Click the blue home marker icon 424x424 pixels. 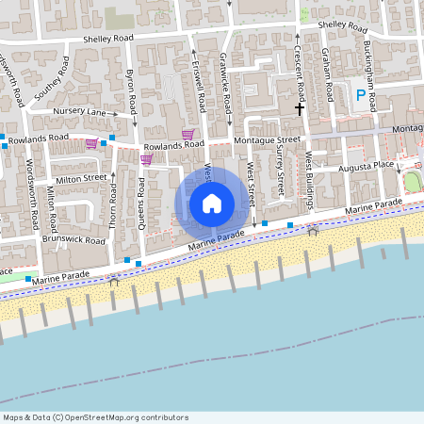pyautogui.click(x=212, y=203)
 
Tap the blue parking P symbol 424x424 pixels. pyautogui.click(x=360, y=95)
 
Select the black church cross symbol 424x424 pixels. pyautogui.click(x=300, y=109)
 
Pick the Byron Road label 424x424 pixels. pyautogui.click(x=132, y=87)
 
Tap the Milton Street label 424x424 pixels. pyautogui.click(x=82, y=178)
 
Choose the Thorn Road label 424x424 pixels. pyautogui.click(x=113, y=206)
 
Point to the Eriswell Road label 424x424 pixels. pyautogui.click(x=199, y=85)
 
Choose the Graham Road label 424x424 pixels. pyautogui.click(x=325, y=75)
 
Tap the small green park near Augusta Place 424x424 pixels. pyautogui.click(x=413, y=181)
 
